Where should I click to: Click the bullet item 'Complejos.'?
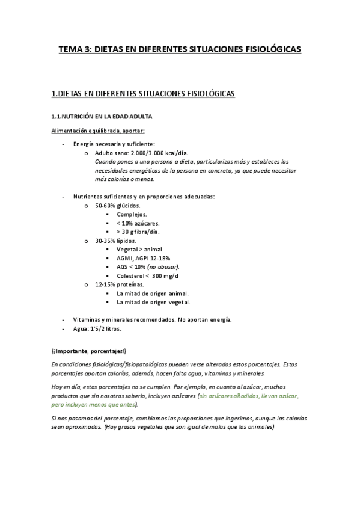pyautogui.click(x=132, y=214)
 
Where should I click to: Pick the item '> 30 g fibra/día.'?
pyautogui.click(x=138, y=232)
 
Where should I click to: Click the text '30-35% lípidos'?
pyautogui.click(x=115, y=241)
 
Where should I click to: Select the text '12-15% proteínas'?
pyautogui.click(x=119, y=284)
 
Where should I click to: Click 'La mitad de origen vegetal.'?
pyautogui.click(x=153, y=302)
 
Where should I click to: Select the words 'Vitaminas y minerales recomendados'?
pyautogui.click(x=124, y=319)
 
